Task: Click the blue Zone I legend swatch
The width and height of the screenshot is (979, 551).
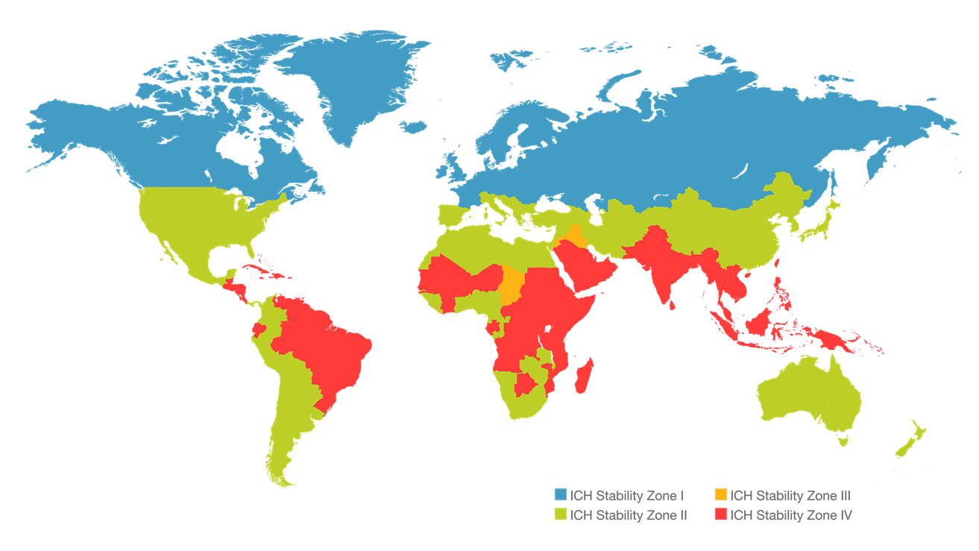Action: pyautogui.click(x=561, y=495)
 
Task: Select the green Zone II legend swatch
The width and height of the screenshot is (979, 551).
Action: pyautogui.click(x=561, y=514)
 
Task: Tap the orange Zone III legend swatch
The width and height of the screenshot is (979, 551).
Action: pyautogui.click(x=720, y=495)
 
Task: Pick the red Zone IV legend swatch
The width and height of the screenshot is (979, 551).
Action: pyautogui.click(x=720, y=514)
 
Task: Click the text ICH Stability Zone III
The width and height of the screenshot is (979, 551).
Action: pyautogui.click(x=790, y=495)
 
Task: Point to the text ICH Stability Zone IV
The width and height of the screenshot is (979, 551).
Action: pyautogui.click(x=790, y=514)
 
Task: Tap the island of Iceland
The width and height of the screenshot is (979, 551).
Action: pyautogui.click(x=412, y=127)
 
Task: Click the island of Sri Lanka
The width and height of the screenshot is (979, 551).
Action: pyautogui.click(x=673, y=304)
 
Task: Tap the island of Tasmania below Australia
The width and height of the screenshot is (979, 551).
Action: pyautogui.click(x=843, y=441)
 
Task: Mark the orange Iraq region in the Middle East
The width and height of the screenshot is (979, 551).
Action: pyautogui.click(x=574, y=236)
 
